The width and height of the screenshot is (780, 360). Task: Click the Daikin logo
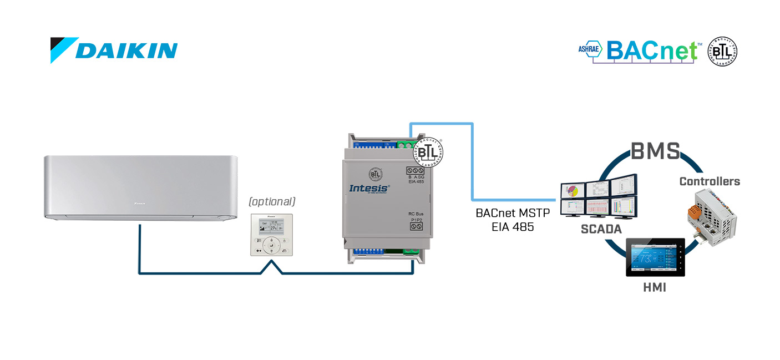[114, 50]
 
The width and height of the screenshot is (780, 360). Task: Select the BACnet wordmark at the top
[651, 50]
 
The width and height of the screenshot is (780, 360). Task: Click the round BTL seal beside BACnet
[722, 52]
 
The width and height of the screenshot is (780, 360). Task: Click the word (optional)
[272, 201]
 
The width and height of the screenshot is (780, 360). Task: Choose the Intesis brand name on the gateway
[369, 188]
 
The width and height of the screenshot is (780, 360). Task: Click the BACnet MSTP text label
[512, 214]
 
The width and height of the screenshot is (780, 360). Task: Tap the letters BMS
[655, 151]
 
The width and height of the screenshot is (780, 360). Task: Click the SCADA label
[600, 228]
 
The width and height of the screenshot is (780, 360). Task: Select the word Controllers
[710, 181]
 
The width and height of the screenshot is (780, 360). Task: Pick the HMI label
[655, 287]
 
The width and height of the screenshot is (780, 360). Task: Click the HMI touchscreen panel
[655, 258]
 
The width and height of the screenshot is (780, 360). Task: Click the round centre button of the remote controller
[271, 242]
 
